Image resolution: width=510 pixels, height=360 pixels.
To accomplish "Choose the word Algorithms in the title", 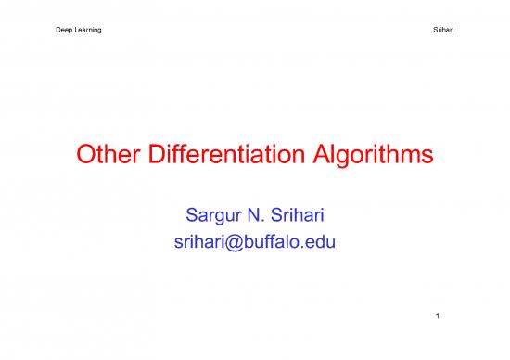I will (376, 159).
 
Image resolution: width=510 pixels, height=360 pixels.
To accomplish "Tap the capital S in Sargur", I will (184, 219).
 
